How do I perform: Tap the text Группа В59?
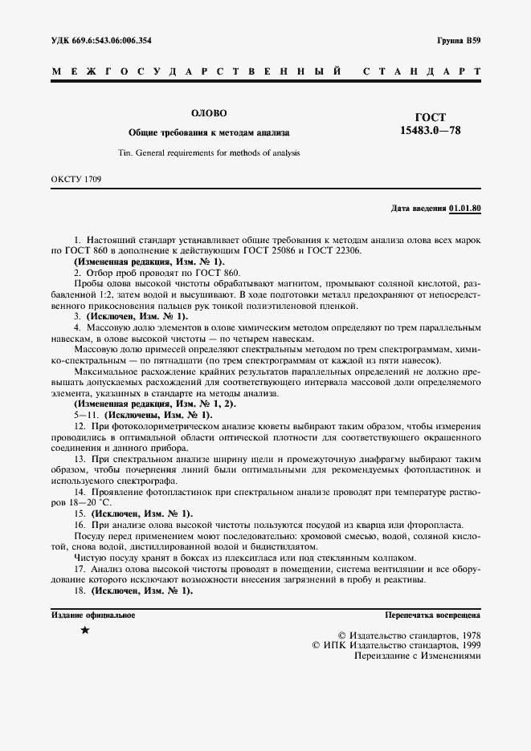click(x=459, y=40)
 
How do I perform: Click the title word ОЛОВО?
click(x=209, y=113)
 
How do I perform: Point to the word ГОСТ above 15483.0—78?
click(x=430, y=117)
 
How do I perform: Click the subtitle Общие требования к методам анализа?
click(x=209, y=132)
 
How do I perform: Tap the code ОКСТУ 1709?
click(x=76, y=180)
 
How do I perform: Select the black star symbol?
click(x=85, y=631)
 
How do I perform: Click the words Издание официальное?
click(x=93, y=615)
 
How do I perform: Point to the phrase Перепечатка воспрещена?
click(x=433, y=615)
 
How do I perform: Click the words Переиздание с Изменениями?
click(x=417, y=656)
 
